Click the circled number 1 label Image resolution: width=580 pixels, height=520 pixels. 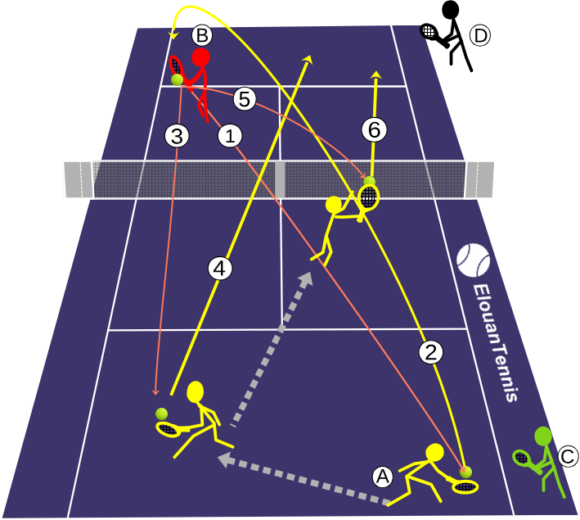pyautogui.click(x=230, y=136)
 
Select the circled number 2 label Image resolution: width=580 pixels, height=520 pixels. pyautogui.click(x=431, y=352)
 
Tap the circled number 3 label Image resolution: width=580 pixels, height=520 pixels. pyautogui.click(x=177, y=136)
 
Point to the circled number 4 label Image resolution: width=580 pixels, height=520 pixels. pyautogui.click(x=220, y=269)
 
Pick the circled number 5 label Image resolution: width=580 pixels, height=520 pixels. pyautogui.click(x=245, y=99)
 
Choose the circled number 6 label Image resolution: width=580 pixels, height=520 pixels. pyautogui.click(x=375, y=129)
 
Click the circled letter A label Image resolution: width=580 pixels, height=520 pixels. pyautogui.click(x=383, y=477)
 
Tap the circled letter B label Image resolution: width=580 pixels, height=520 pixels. pyautogui.click(x=202, y=35)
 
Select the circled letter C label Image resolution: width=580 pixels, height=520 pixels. pyautogui.click(x=567, y=457)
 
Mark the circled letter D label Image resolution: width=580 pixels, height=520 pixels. pyautogui.click(x=480, y=36)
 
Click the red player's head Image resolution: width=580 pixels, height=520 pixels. pyautogui.click(x=201, y=57)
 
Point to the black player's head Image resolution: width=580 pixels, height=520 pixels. pyautogui.click(x=450, y=9)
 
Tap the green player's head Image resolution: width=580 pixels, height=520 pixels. pyautogui.click(x=543, y=436)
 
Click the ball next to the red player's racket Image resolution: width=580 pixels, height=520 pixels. pyautogui.click(x=178, y=79)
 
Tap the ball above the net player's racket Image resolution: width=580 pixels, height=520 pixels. pyautogui.click(x=369, y=182)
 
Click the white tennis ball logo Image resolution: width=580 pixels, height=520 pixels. pyautogui.click(x=473, y=260)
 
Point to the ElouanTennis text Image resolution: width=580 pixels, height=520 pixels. pyautogui.click(x=496, y=342)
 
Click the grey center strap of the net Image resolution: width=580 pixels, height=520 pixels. pyautogui.click(x=280, y=179)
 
